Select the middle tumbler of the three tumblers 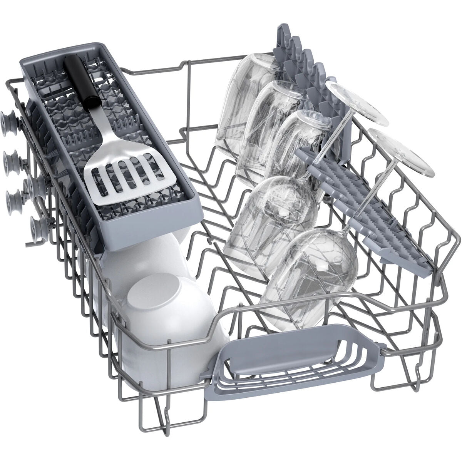(269, 115)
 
